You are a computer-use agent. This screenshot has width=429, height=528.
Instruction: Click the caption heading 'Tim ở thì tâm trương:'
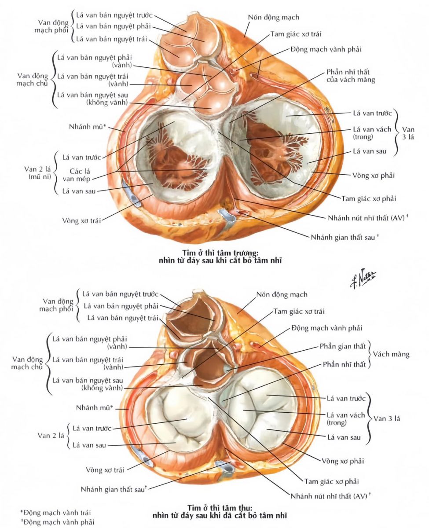pos(220,253)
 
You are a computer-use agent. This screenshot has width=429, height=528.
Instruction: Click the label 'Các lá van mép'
pos(77,175)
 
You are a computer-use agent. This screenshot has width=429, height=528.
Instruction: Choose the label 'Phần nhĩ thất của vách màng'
pos(350,76)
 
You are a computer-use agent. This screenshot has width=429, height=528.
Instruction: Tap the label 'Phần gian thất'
pos(342,346)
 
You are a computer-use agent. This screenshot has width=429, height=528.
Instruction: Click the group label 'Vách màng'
pos(391,354)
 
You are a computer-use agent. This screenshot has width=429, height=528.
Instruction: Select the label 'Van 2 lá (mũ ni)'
pos(37,173)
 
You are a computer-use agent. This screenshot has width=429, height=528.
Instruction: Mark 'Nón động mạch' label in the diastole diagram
pos(274,17)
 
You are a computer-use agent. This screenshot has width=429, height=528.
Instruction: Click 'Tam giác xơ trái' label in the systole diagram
pos(299,312)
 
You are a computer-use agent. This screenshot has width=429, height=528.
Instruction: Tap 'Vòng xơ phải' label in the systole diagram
pos(343,461)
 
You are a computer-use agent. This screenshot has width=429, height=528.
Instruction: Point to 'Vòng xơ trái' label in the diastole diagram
pos(81,220)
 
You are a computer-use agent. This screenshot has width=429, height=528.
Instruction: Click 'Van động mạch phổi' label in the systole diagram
pos(56,305)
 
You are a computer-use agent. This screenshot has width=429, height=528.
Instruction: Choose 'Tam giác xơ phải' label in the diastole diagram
pos(369,198)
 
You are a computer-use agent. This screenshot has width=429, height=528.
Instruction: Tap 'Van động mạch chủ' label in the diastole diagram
pos(32,79)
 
